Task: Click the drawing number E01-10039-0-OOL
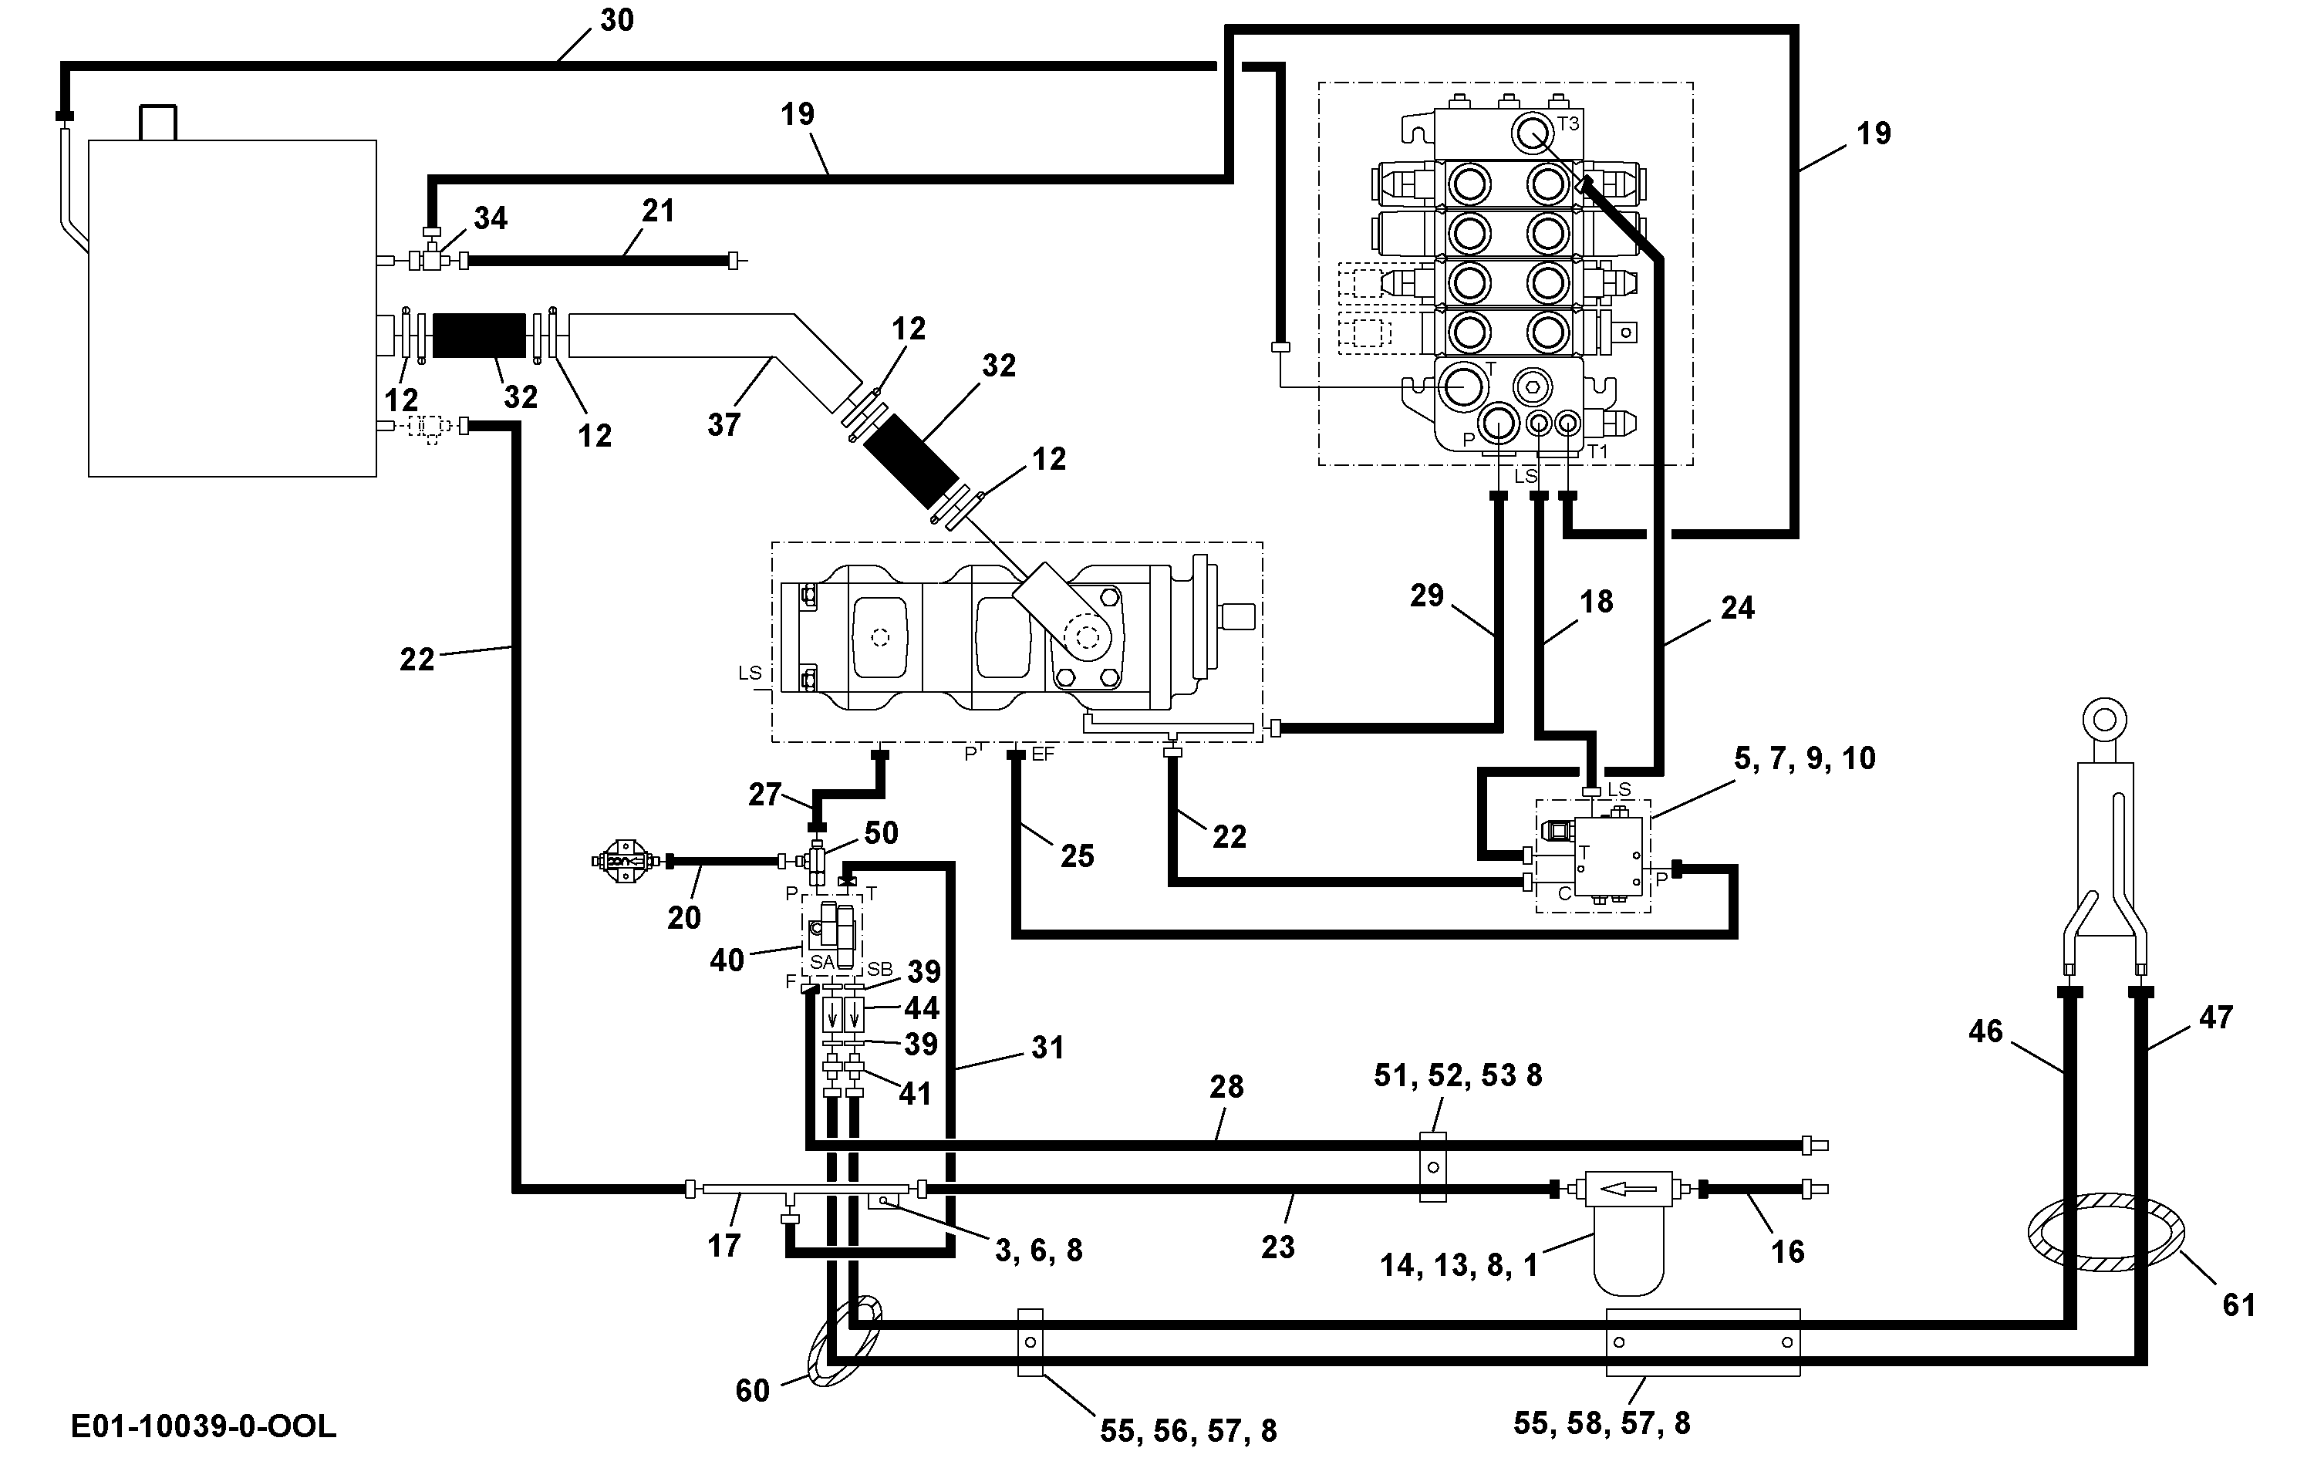tap(204, 1426)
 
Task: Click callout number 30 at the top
tap(617, 20)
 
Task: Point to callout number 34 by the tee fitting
tap(490, 218)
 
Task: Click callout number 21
tap(658, 211)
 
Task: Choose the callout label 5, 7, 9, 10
tap(1805, 758)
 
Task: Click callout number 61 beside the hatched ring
tap(2239, 1304)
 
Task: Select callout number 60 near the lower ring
tap(752, 1390)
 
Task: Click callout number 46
tap(1985, 1031)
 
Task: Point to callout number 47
tap(2216, 1017)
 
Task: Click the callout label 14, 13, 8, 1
tap(1459, 1265)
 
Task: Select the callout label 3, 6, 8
tap(1039, 1250)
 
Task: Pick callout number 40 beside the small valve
tap(727, 960)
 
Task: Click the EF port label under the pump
tap(1043, 754)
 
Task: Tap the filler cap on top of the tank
tap(160, 122)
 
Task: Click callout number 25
tap(1078, 856)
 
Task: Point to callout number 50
tap(881, 832)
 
